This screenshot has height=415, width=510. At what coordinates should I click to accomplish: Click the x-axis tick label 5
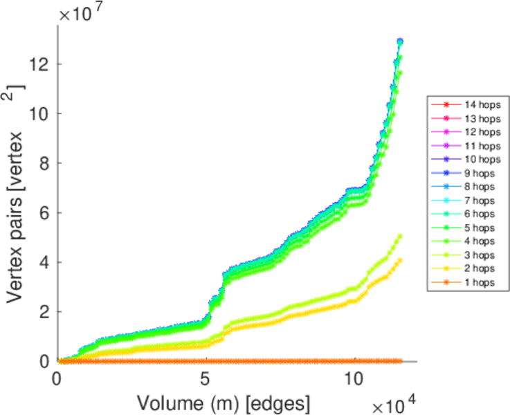tap(206, 379)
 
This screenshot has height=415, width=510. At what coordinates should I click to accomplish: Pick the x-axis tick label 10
tap(353, 379)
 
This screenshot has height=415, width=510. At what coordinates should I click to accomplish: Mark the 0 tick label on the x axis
tap(58, 379)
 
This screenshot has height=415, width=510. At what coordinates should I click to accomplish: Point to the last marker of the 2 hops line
tap(400, 260)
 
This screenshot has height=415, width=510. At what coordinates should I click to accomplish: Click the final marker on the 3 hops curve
tap(400, 236)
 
